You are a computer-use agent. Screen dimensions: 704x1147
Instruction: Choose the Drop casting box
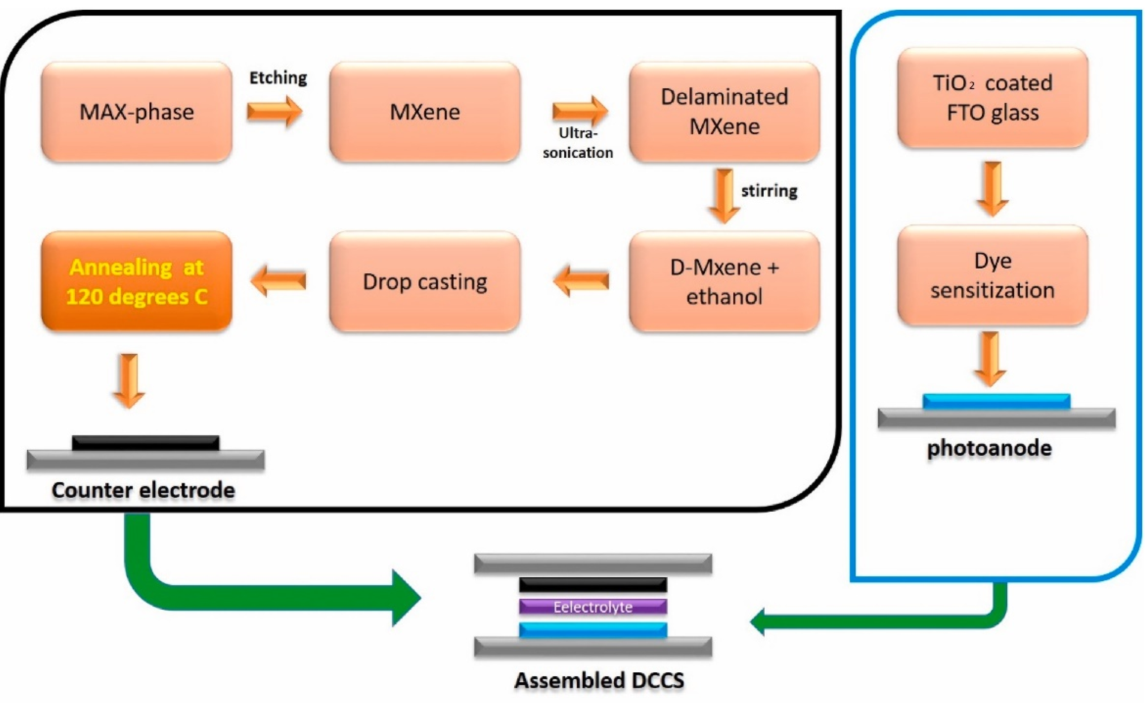tap(425, 282)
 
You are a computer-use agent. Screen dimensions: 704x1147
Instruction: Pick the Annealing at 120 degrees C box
tap(136, 282)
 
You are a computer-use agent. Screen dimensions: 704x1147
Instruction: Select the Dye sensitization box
tap(992, 276)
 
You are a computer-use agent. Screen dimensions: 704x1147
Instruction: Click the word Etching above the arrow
tap(278, 78)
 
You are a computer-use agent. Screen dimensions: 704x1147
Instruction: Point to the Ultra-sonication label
tap(578, 143)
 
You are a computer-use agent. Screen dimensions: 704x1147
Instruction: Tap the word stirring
tap(769, 191)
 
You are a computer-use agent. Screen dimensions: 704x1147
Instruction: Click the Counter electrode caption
tap(143, 490)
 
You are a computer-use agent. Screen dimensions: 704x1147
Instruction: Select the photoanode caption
tap(990, 448)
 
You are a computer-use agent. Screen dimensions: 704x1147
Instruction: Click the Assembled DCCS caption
tap(599, 680)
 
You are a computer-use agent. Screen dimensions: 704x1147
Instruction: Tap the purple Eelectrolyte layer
tap(593, 607)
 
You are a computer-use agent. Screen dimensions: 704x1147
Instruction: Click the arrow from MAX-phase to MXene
tap(275, 112)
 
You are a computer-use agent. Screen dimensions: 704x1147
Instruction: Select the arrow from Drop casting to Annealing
tap(278, 281)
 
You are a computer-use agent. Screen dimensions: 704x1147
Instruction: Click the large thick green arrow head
tap(404, 598)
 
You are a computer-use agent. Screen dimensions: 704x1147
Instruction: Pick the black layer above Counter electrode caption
tap(145, 443)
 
